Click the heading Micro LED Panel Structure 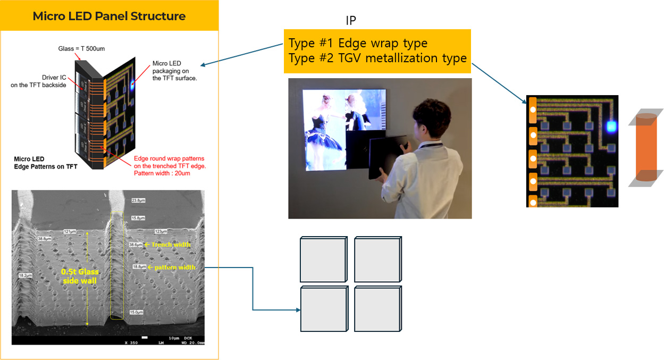(109, 16)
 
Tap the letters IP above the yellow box (350, 21)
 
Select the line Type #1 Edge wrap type (358, 43)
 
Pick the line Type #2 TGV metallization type (377, 58)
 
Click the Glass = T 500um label (81, 48)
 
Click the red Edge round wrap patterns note (169, 165)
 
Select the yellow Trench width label (171, 245)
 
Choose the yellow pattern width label (171, 267)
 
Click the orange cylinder (646, 147)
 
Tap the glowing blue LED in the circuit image (611, 126)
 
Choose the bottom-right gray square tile (377, 309)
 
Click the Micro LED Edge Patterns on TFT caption (45, 163)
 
